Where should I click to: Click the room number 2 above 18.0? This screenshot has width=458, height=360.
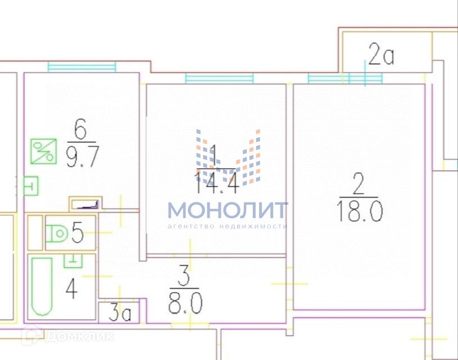pos(359,184)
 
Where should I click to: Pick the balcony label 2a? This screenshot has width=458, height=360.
pos(382,56)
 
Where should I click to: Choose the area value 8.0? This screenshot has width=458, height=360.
pos(185,304)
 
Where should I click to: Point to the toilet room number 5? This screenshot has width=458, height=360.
pos(79,232)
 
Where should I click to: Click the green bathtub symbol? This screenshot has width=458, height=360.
pos(42,286)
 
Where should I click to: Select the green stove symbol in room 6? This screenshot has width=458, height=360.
pos(43,151)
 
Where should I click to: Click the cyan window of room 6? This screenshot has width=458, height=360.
pos(81,66)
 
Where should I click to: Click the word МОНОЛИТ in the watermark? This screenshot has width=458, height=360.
pos(228,210)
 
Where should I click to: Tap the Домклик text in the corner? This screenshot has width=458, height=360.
pos(79,336)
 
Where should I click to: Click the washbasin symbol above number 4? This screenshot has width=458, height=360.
pos(73,260)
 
